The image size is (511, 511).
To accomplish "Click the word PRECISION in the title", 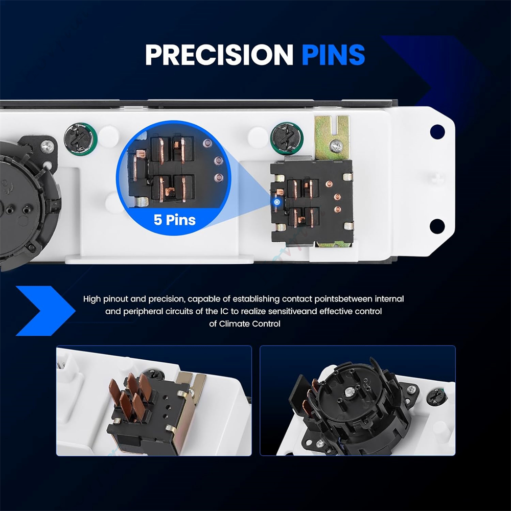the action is pyautogui.click(x=219, y=55).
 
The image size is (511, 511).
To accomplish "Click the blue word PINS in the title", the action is pyautogui.click(x=333, y=55).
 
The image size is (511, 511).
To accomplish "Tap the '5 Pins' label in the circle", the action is pyautogui.click(x=175, y=220).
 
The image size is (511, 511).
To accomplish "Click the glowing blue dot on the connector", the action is pyautogui.click(x=277, y=202).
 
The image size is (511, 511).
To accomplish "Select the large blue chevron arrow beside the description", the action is pyautogui.click(x=45, y=311).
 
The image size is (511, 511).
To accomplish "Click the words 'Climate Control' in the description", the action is pyautogui.click(x=250, y=323).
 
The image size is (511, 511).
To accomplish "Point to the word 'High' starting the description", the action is pyautogui.click(x=92, y=299).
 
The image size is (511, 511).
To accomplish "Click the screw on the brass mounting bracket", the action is pyautogui.click(x=336, y=146).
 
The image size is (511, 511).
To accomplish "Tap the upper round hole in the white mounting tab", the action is pyautogui.click(x=437, y=132).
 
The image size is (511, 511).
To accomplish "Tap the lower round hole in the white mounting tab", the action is pyautogui.click(x=437, y=226).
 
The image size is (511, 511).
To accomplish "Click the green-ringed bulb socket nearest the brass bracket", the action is pyautogui.click(x=287, y=138).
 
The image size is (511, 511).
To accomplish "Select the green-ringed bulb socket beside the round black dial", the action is pyautogui.click(x=81, y=139).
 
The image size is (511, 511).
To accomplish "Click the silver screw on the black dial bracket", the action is pyautogui.click(x=47, y=147).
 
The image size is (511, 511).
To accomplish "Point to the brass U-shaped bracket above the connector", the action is pyautogui.click(x=332, y=137).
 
